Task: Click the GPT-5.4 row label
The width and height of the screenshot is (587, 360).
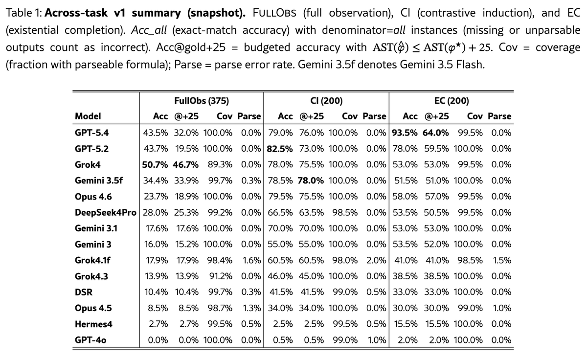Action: pos(91,133)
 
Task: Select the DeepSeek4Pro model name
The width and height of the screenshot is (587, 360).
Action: pos(106,212)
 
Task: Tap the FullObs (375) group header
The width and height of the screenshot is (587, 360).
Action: pos(202,101)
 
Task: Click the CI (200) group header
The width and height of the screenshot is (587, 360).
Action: pos(326,101)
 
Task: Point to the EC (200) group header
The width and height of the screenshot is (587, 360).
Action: pos(452,101)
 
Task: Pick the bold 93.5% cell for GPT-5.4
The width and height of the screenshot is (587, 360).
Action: pos(405,133)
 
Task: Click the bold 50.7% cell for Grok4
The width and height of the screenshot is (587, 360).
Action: pos(155,165)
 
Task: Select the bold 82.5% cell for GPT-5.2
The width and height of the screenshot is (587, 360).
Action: pos(280,149)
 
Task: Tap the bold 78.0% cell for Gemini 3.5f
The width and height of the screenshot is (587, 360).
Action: pos(311,180)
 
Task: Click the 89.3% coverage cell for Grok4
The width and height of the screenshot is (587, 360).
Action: pos(220,164)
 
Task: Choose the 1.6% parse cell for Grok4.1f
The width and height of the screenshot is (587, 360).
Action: pos(251,260)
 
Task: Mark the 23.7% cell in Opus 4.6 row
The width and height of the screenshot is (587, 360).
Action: pos(156,197)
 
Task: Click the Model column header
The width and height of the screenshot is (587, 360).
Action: pos(88,116)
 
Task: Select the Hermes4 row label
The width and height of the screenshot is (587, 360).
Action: pos(93,324)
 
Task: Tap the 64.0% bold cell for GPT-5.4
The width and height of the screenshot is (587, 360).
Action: pos(435,133)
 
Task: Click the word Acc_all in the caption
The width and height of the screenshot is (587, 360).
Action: pos(149,30)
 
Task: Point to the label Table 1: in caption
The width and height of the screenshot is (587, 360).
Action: pos(23,13)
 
